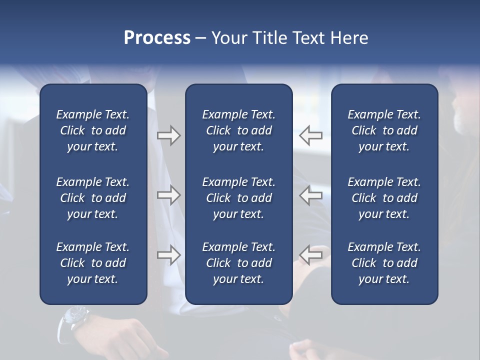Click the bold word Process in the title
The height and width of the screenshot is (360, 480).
(x=157, y=38)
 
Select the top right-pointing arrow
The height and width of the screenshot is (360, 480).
(x=168, y=135)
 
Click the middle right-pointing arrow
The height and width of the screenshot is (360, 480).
(x=168, y=195)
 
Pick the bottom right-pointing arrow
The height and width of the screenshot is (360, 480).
(x=168, y=255)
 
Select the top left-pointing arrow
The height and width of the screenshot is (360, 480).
(x=310, y=135)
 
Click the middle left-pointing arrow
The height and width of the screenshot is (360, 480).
(x=310, y=195)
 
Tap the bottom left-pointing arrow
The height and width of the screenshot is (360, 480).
(x=310, y=255)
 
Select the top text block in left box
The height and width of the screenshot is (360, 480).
(x=93, y=130)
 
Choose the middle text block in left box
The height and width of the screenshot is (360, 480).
(x=93, y=198)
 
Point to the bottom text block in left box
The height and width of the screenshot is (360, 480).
(x=93, y=263)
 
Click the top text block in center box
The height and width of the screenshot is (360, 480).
(x=238, y=130)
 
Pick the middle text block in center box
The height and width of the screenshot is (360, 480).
(x=238, y=198)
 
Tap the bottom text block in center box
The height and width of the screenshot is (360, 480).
(x=238, y=263)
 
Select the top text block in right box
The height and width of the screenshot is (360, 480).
(x=384, y=130)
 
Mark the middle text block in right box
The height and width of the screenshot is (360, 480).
(x=384, y=198)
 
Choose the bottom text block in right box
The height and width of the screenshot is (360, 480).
(x=384, y=263)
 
